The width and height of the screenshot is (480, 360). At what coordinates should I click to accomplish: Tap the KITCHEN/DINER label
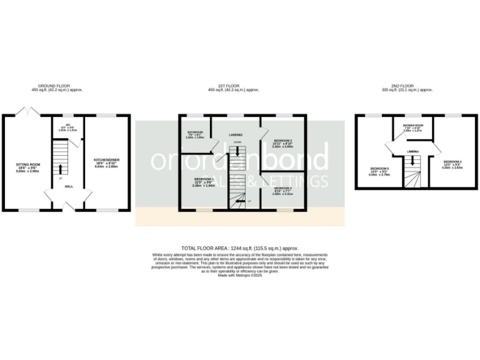(107, 160)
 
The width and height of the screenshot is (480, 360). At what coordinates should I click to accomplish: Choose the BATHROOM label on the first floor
(195, 132)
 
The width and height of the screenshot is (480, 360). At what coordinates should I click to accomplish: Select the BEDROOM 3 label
(282, 187)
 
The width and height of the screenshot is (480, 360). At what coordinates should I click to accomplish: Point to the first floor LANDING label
(236, 134)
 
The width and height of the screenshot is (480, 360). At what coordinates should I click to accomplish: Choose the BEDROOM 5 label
(379, 169)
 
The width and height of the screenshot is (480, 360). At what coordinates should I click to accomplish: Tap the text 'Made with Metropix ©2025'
(239, 275)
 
